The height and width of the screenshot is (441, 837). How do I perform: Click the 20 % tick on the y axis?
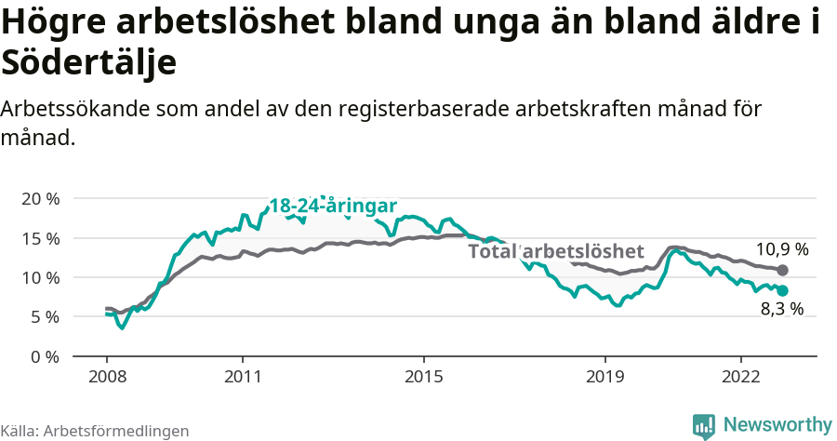pos(40,199)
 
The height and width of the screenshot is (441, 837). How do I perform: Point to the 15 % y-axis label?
pos(40,238)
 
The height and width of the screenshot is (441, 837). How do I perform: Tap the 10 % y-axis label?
pos(40,277)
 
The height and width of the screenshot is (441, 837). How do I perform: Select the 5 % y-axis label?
pos(45,317)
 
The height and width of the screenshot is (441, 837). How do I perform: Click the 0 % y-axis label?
pos(45,356)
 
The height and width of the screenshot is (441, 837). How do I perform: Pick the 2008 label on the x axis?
pos(107,379)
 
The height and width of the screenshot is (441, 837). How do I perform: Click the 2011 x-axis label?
pos(242,379)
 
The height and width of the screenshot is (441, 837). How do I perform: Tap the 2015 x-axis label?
pos(423,379)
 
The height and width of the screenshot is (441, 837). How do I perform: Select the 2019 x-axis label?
pos(604,379)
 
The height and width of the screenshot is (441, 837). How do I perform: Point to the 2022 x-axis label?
pos(740,379)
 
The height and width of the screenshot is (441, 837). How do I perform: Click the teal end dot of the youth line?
pos(783,291)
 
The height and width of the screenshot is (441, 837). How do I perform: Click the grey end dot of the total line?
pos(783,270)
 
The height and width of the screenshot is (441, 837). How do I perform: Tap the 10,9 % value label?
pos(782,249)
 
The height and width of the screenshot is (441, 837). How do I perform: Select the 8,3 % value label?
pos(782,310)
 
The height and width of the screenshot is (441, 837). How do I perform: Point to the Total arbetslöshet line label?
pos(555,251)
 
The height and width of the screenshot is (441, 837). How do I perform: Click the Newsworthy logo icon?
pos(704,425)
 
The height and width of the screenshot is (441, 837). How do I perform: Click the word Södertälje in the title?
pos(89,63)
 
